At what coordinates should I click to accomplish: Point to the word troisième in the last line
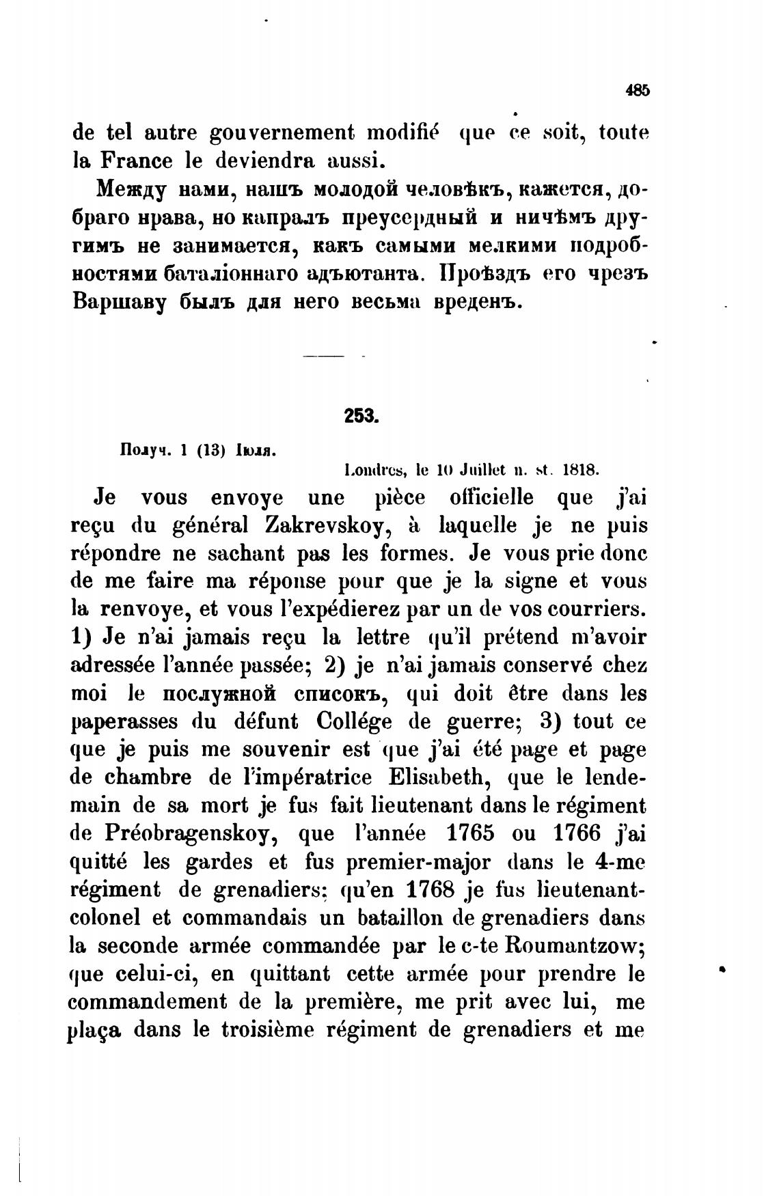pos(263,1031)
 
